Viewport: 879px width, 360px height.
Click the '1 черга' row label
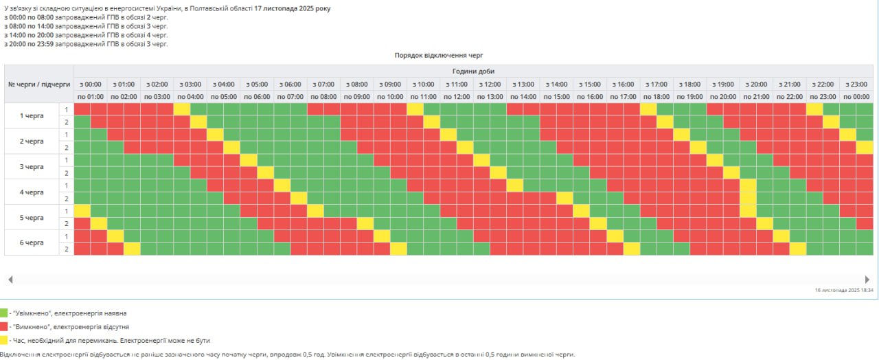pyautogui.click(x=31, y=115)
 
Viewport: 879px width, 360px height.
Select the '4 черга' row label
pyautogui.click(x=31, y=192)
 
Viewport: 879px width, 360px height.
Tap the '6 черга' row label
pyautogui.click(x=31, y=243)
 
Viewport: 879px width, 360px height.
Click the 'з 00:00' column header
pyautogui.click(x=90, y=84)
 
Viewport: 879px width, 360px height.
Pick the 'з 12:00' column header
pyautogui.click(x=490, y=84)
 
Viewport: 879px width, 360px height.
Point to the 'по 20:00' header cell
pyautogui.click(x=722, y=97)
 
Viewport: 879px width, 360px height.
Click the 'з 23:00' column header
pyautogui.click(x=856, y=84)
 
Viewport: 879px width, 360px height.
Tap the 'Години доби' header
pyautogui.click(x=473, y=71)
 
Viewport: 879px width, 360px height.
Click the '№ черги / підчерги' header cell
pyautogui.click(x=38, y=84)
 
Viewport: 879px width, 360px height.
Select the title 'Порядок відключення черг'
pyautogui.click(x=439, y=55)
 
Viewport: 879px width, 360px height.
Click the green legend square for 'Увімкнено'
pyautogui.click(x=4, y=313)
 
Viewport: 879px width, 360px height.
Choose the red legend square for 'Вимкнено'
pyautogui.click(x=4, y=326)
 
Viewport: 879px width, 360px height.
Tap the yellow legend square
pyautogui.click(x=4, y=340)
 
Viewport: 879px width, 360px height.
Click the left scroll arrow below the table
pyautogui.click(x=10, y=280)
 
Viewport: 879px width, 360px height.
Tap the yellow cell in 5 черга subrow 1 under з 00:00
pyautogui.click(x=82, y=210)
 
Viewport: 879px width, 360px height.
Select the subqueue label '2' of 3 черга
pyautogui.click(x=67, y=172)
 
